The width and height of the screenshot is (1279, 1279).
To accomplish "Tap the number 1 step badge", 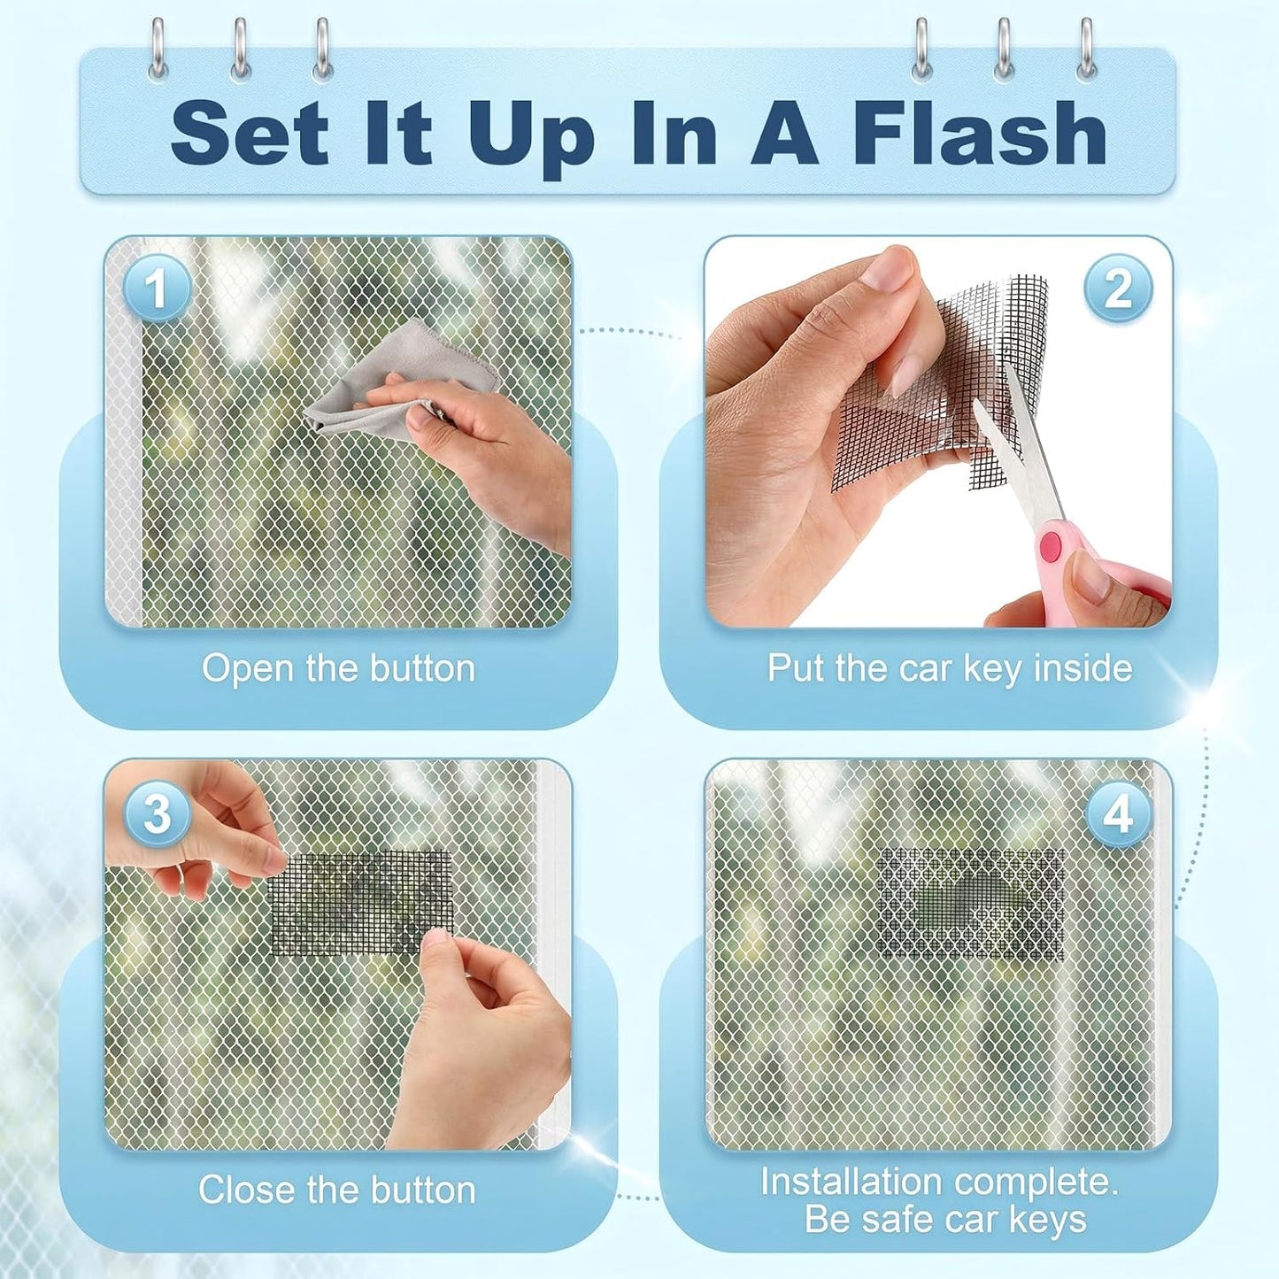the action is point(158,289).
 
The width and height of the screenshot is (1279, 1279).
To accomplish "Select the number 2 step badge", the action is point(1119,289).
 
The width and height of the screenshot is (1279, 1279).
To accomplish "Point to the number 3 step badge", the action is point(158,814).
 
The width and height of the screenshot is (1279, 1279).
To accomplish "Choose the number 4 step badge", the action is point(1119,814).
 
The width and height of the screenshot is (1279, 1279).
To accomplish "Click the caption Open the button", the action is point(338,667).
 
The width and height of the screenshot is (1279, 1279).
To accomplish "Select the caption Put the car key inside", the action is point(950,667).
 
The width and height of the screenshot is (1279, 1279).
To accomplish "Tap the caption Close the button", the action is point(337,1190).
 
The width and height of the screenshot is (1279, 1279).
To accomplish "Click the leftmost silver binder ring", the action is point(158,50).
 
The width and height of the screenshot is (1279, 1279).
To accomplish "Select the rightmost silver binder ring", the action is point(1087,50).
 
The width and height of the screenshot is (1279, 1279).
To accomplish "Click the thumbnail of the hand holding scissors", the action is point(938,431).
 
